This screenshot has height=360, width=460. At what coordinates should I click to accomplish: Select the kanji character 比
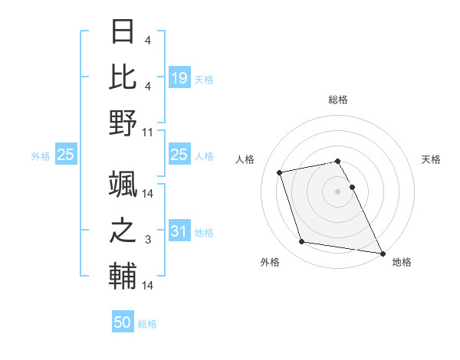point(123,77)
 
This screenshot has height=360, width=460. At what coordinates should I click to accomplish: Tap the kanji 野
point(123,122)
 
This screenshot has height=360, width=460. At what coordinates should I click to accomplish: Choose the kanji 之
point(123,231)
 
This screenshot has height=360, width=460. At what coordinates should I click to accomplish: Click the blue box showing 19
point(179,77)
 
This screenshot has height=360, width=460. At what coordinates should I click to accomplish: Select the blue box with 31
point(179,231)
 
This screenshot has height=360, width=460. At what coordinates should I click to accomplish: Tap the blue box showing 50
point(123,322)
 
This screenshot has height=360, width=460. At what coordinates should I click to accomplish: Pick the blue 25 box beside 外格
point(65,155)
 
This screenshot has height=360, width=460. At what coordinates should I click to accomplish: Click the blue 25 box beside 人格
point(179,155)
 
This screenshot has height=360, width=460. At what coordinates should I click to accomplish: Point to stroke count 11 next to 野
point(148,132)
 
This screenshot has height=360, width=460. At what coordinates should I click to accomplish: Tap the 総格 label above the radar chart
point(338,100)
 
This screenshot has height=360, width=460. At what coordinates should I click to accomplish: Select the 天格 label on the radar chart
point(432,159)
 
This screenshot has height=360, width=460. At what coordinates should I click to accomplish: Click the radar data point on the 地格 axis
point(382,253)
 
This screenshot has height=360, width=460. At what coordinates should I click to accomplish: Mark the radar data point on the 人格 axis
point(280,172)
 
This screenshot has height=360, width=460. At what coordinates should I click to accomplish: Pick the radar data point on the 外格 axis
point(301,242)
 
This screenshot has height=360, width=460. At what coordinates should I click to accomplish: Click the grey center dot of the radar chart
point(338,191)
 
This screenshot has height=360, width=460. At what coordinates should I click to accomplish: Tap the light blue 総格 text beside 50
point(147,323)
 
